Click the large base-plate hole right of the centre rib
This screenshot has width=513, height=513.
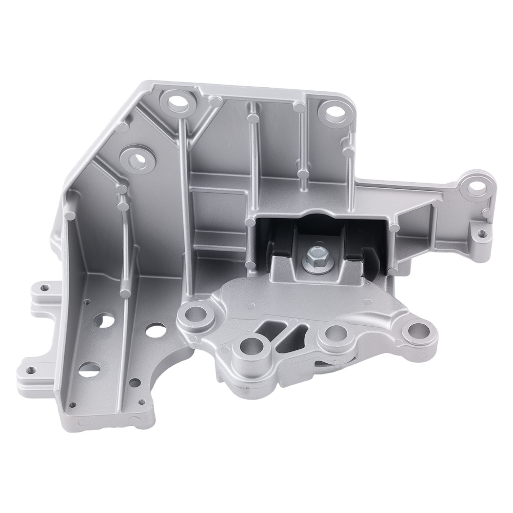click(155, 330)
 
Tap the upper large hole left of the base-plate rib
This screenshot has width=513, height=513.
click(106, 321)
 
